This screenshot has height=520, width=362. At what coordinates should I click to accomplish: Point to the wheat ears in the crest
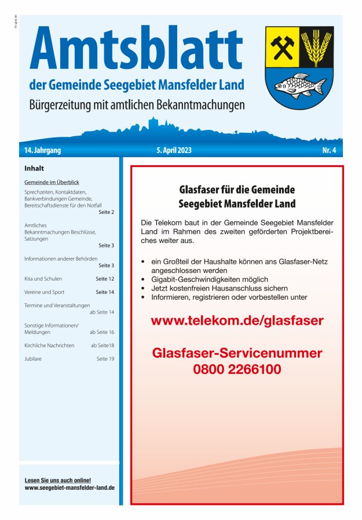[x=316, y=46]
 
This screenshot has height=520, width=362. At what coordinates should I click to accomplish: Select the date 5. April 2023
[x=173, y=151]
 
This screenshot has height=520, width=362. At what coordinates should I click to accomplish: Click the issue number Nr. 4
[x=329, y=151]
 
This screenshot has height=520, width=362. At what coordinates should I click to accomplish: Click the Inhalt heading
[x=34, y=169]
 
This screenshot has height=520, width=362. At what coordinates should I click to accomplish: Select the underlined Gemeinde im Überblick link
[x=52, y=182]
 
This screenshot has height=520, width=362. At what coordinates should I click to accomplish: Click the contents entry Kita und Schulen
[x=43, y=279]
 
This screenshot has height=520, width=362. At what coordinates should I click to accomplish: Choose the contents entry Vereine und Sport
[x=45, y=292]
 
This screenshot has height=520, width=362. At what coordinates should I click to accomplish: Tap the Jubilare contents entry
[x=33, y=359]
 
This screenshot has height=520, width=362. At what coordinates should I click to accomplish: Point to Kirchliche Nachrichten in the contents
[x=49, y=345]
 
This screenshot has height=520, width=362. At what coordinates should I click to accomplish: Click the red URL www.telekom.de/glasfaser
[x=237, y=321]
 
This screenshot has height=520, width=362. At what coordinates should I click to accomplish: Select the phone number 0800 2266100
[x=237, y=369]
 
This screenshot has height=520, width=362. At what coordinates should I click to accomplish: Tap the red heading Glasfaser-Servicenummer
[x=237, y=353]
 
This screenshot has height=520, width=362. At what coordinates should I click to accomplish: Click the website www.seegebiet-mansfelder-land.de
[x=70, y=488]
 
